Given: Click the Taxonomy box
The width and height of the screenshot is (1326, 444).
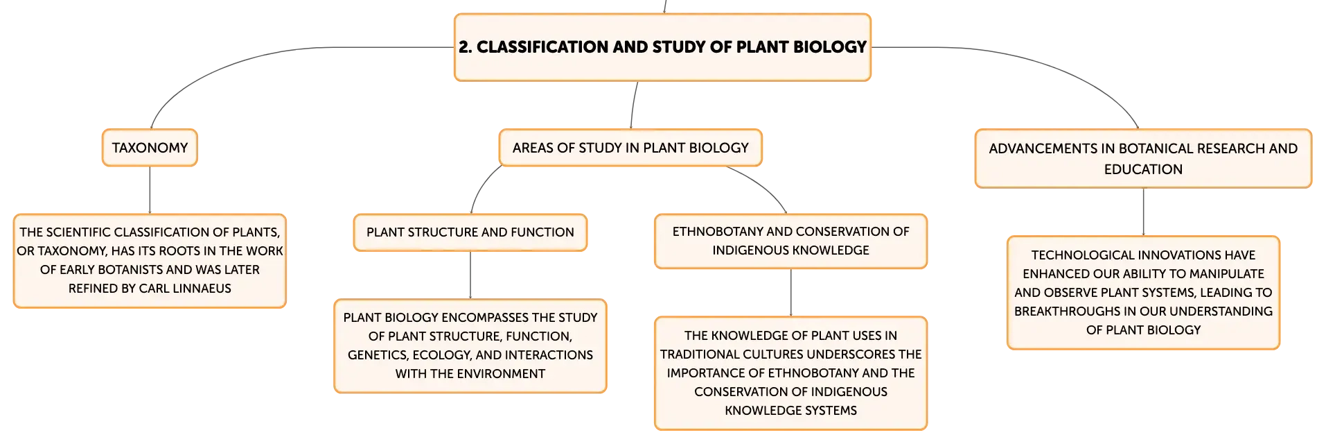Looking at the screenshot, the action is [150, 148].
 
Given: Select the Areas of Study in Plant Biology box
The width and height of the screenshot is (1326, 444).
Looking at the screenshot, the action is [630, 148].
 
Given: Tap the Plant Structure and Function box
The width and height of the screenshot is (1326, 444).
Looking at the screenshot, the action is [470, 232].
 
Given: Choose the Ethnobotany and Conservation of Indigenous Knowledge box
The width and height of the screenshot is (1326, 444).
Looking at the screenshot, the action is [790, 241].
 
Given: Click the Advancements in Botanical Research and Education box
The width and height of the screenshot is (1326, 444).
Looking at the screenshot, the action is [1143, 159].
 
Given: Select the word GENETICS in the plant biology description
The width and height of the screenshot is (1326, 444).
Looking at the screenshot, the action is [377, 355].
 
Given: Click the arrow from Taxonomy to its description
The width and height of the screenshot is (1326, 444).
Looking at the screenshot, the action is [150, 190].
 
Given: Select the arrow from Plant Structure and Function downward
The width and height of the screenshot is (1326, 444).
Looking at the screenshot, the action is [470, 275].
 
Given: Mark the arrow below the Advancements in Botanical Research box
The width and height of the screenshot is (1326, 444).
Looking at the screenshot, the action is [1143, 212].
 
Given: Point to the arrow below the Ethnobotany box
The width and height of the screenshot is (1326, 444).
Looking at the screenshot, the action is [790, 293].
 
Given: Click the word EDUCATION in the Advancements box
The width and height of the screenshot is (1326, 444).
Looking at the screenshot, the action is [1143, 169].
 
